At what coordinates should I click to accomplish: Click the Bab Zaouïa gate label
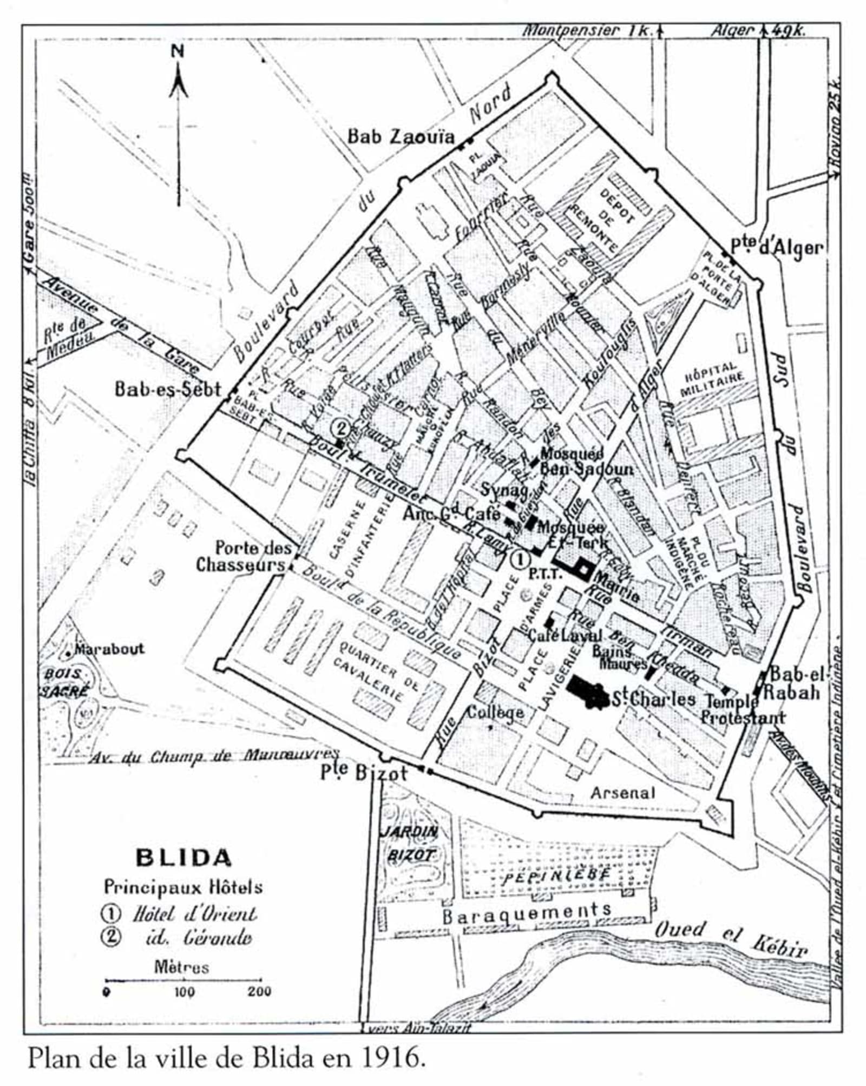401,136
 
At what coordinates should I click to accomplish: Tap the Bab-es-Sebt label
168,389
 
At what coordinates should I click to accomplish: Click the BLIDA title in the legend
183,858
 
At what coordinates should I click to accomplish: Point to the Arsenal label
622,793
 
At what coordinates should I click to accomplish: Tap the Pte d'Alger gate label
776,247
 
